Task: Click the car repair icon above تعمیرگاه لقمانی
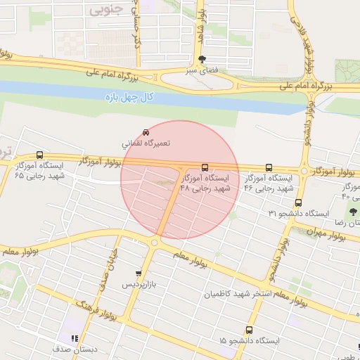(146, 132)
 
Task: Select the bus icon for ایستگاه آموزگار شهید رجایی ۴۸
(205, 167)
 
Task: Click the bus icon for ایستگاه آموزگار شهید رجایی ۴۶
(269, 167)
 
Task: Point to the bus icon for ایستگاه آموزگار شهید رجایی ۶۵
(39, 155)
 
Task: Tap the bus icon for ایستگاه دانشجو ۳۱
(298, 202)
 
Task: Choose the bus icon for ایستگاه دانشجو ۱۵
(248, 330)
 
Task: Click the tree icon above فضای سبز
(202, 59)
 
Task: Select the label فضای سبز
(202, 70)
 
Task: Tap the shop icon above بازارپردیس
(139, 274)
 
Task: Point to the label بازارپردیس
(139, 285)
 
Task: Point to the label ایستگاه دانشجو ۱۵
(248, 340)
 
